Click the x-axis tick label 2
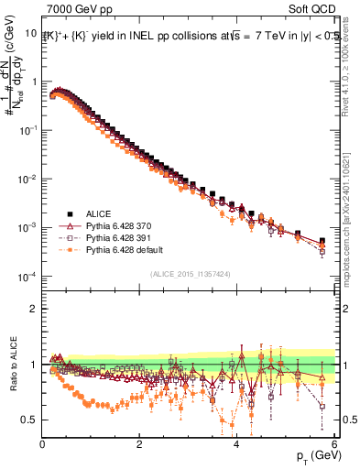point(139,444)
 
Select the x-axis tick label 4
point(236,444)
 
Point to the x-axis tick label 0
point(42,444)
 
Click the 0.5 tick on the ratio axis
point(30,420)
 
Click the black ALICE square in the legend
point(70,211)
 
